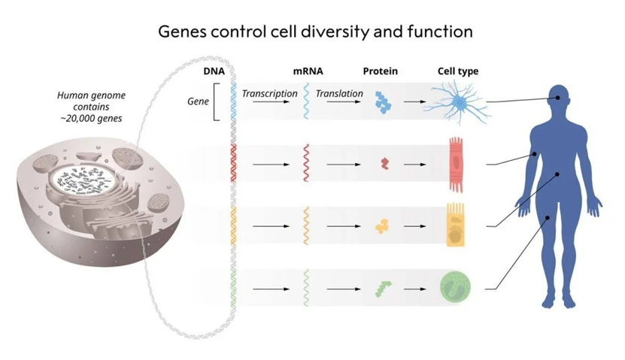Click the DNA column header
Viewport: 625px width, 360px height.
pos(214,72)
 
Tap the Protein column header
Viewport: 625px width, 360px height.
pos(380,72)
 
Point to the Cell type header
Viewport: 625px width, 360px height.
pos(458,72)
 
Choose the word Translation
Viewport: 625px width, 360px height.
pos(339,94)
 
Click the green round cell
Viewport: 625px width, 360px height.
pos(455,287)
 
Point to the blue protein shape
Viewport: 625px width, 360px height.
pos(384,102)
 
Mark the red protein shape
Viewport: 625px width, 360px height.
pos(384,162)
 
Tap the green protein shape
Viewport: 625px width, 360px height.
pos(384,287)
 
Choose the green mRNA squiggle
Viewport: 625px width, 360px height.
pos(306,287)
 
